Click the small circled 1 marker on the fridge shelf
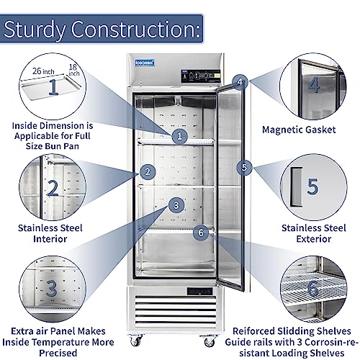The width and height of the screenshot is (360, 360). (x=179, y=136)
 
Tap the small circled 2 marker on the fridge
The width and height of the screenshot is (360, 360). (x=148, y=171)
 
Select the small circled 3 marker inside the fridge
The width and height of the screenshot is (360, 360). (x=176, y=205)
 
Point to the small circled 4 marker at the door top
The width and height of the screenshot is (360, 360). (x=240, y=82)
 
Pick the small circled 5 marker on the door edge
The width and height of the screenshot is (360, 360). (x=244, y=167)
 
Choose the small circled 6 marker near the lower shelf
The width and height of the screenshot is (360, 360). (x=201, y=233)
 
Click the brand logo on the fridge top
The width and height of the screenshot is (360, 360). (x=145, y=63)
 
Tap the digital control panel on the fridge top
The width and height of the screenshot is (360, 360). (x=201, y=76)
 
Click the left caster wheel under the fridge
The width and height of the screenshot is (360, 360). (x=136, y=341)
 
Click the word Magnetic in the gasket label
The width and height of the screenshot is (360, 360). (x=278, y=130)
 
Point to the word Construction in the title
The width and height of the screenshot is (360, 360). (x=135, y=30)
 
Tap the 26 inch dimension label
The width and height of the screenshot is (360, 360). (x=43, y=71)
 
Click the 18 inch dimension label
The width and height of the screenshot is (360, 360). (x=73, y=70)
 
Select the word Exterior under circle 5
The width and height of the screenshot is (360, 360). (x=314, y=239)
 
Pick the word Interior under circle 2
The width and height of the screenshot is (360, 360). (x=50, y=239)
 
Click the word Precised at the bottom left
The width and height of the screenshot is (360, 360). (x=58, y=353)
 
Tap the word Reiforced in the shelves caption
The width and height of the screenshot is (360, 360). (x=253, y=331)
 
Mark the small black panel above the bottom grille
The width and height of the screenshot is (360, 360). (x=200, y=291)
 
